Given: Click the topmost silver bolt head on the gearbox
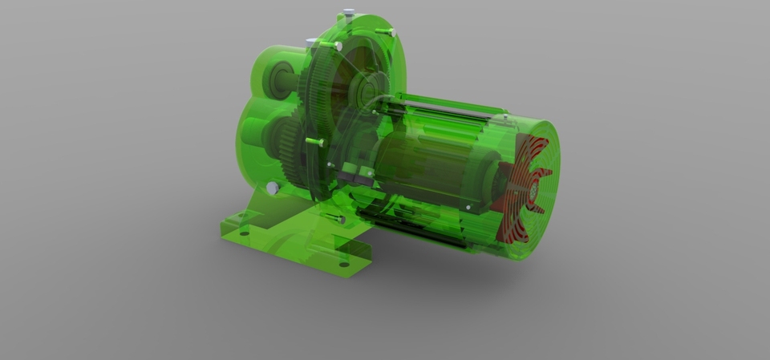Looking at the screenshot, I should tap(348, 13).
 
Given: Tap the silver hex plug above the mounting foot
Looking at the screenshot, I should tap(273, 188).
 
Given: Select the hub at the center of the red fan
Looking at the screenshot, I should tap(533, 192).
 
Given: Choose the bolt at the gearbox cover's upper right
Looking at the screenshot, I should tap(390, 32).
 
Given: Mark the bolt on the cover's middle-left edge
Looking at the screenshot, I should tap(315, 143).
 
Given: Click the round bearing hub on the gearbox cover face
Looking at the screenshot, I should tap(371, 87).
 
